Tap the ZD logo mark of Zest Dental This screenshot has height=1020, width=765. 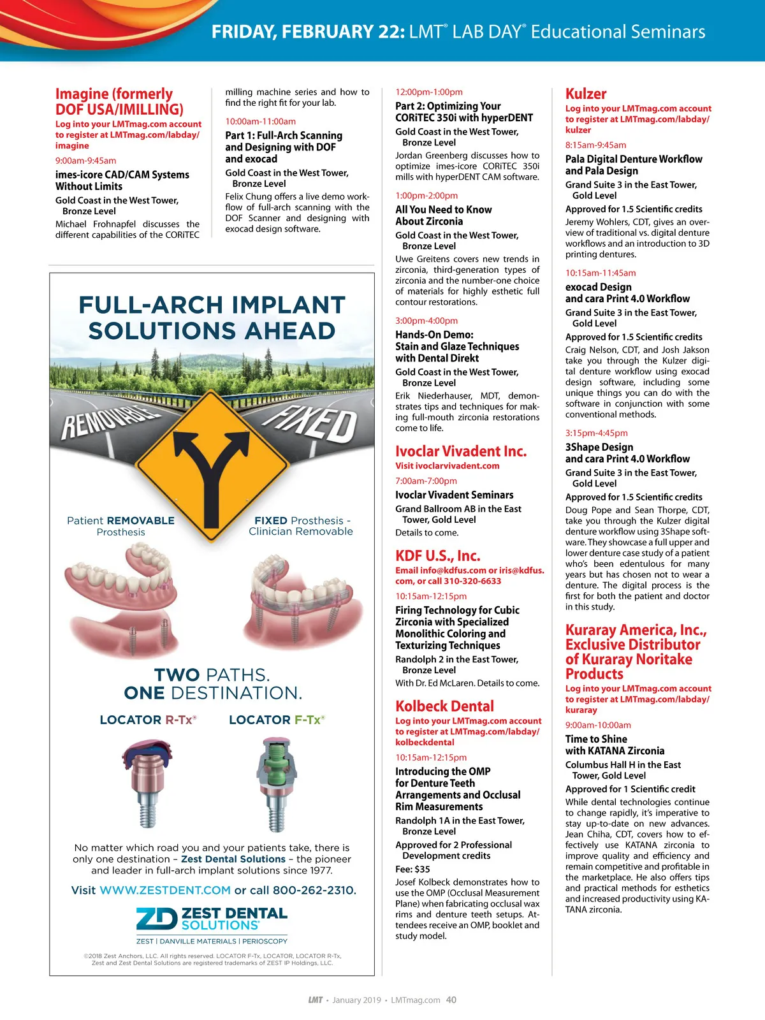pyautogui.click(x=156, y=919)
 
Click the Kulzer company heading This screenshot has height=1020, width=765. pyautogui.click(x=586, y=94)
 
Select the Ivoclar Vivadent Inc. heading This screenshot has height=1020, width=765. pyautogui.click(x=461, y=451)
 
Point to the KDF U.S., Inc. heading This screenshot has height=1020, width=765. pyautogui.click(x=438, y=556)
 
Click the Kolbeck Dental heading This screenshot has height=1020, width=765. pyautogui.click(x=445, y=706)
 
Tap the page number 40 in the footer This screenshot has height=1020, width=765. pyautogui.click(x=451, y=1000)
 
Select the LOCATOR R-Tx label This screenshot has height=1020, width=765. pyautogui.click(x=148, y=720)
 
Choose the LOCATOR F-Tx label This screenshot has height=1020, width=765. pyautogui.click(x=277, y=720)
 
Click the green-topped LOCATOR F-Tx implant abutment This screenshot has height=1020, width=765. pyautogui.click(x=275, y=781)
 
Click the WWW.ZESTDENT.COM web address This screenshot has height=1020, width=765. pyautogui.click(x=165, y=890)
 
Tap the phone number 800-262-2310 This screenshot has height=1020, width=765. pyautogui.click(x=314, y=890)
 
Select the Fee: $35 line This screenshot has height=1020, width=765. pyautogui.click(x=412, y=869)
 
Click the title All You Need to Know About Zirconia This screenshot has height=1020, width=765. pyautogui.click(x=444, y=215)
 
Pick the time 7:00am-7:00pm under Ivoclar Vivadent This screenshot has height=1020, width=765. pyautogui.click(x=426, y=481)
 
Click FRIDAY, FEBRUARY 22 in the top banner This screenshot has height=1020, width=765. pyautogui.click(x=308, y=32)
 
